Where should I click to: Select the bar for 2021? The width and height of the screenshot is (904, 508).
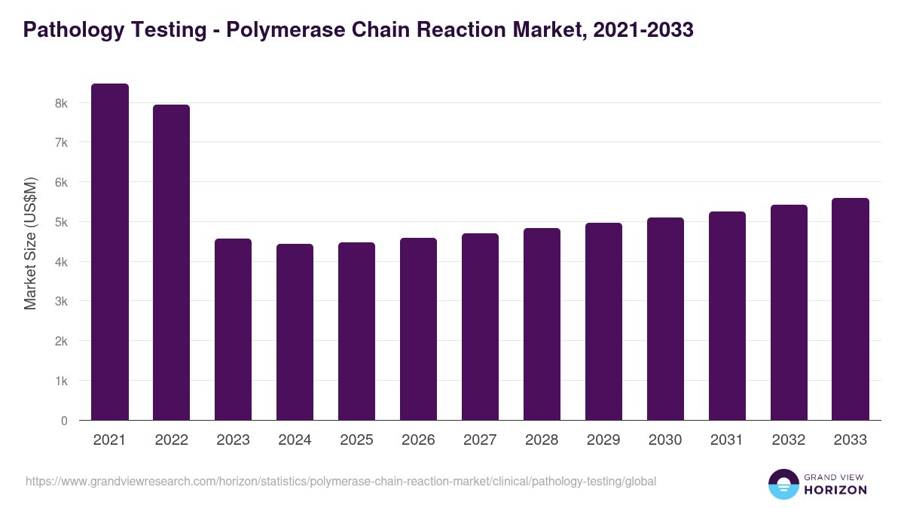pos(110,252)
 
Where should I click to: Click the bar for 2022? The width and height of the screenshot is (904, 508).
pos(172,263)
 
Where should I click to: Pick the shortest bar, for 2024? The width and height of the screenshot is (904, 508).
pos(295,332)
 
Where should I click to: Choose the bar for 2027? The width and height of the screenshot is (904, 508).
pos(480,327)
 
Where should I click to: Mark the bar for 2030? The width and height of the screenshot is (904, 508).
pos(665,319)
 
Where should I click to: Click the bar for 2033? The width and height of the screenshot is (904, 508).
pos(851,309)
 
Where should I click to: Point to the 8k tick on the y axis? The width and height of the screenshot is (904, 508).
pos(61,103)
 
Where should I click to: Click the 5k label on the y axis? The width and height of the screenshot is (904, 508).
pos(61,222)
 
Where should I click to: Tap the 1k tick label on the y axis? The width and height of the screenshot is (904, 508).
pos(61,381)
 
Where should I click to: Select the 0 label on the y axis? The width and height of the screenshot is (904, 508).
pos(64,421)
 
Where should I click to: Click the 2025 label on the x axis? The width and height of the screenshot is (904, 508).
pos(356,440)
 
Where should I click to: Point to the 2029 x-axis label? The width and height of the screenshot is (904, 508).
pos(603,440)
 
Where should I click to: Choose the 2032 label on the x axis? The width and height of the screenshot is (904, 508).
pos(789,440)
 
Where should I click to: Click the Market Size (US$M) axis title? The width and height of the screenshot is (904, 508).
pos(30,244)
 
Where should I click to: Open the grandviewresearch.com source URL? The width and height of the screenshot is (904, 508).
pos(341,481)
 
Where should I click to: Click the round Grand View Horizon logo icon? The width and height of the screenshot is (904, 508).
pos(783,485)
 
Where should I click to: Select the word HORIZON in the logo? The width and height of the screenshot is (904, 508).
pos(836,490)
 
